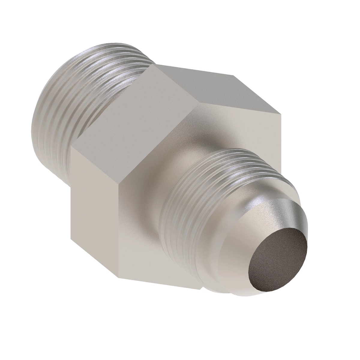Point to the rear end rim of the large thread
coord(36,126)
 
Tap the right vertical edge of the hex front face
coord(281,144)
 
